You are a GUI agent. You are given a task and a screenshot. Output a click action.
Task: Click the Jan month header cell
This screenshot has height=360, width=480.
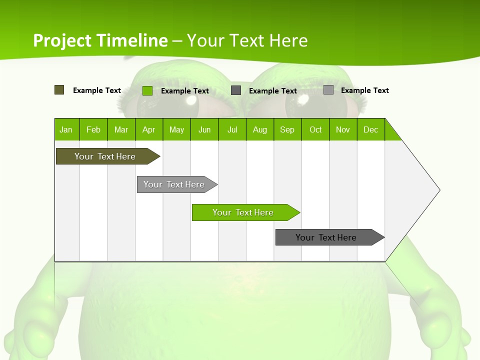coord(66,129)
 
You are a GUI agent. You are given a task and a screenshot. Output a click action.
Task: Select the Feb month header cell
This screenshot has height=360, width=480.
coord(93,129)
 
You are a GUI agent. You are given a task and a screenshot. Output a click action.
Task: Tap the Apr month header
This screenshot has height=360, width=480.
coord(149,129)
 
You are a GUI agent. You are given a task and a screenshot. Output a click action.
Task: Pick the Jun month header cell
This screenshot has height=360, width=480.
coord(204,129)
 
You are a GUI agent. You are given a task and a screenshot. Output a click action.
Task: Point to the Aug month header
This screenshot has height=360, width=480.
coord(260,129)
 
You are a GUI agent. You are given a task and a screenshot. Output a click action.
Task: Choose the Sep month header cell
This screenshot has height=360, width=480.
coord(287,129)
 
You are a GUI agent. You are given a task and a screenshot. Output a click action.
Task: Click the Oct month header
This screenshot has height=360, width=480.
coord(315,129)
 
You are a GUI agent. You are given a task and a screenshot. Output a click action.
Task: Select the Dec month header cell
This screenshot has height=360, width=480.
coord(371,129)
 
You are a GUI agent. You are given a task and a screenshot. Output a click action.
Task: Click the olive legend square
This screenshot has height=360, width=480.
coord(59,90)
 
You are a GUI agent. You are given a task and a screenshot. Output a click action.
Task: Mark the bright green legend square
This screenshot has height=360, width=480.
coord(147,90)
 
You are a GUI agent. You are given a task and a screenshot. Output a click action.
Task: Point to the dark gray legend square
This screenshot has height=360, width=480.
coord(236,90)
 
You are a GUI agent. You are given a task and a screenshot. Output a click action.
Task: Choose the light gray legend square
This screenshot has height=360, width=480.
coord(328,90)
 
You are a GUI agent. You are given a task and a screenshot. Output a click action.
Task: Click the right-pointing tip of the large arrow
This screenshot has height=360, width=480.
coord(438,189)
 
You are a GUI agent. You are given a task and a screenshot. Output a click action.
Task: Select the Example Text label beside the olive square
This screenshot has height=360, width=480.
coord(97,90)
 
